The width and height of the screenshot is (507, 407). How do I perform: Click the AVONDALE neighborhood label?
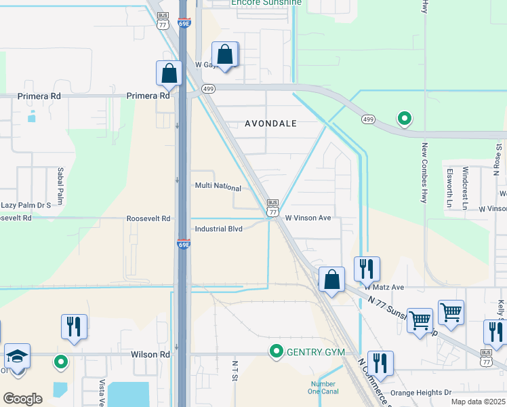pos(271,123)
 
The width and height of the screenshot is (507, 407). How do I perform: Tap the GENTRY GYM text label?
pos(316,351)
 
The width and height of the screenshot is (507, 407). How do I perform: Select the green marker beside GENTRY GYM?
pos(276,351)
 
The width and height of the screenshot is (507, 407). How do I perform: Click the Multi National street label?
pos(218,187)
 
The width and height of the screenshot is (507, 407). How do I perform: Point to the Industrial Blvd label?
pos(218,229)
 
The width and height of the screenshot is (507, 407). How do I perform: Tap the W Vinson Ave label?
pos(308,218)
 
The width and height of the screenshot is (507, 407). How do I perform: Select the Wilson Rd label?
pos(150,355)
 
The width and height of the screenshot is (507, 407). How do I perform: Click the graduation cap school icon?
pos(18,356)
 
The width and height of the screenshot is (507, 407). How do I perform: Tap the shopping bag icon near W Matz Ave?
pos(331,279)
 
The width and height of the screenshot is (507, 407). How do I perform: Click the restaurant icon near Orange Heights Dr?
pos(380,363)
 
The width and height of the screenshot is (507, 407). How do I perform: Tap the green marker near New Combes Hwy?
pos(405,119)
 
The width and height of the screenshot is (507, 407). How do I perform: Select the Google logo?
pos(22,399)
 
